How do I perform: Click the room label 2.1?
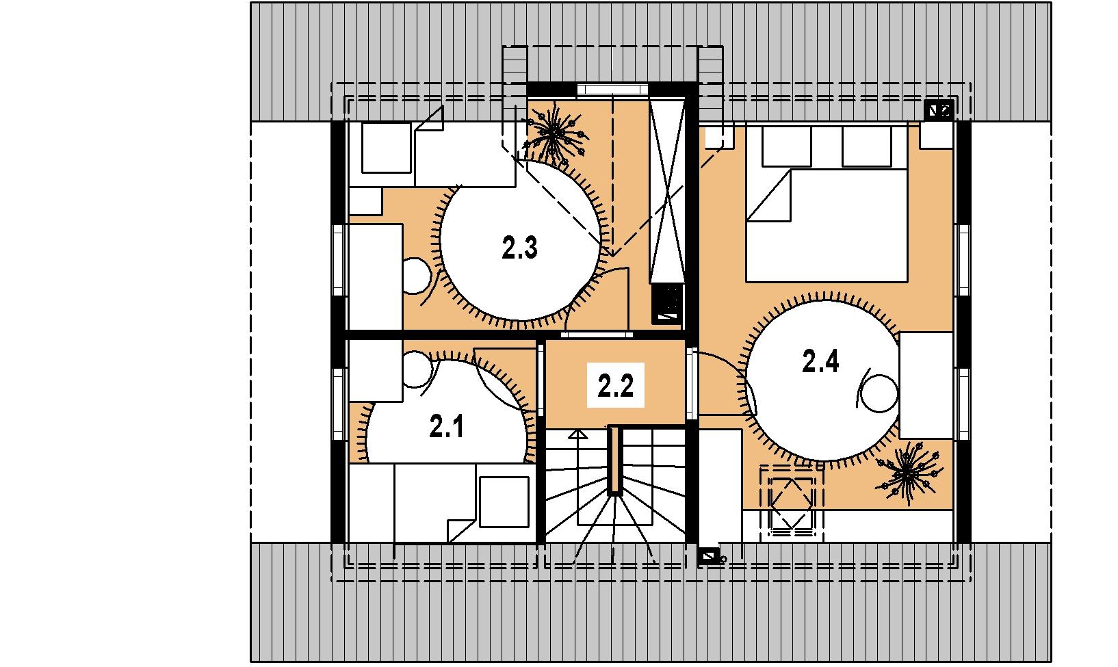pyautogui.click(x=447, y=427)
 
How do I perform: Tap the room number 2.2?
pyautogui.click(x=615, y=386)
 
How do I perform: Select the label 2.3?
pyautogui.click(x=519, y=248)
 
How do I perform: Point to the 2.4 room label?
pyautogui.click(x=820, y=361)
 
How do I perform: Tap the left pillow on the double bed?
pyautogui.click(x=787, y=146)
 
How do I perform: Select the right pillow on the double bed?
pyautogui.click(x=866, y=146)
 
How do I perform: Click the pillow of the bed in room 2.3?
pyautogui.click(x=387, y=148)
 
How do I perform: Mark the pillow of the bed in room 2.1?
pyautogui.click(x=504, y=502)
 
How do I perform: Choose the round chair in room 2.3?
pyautogui.click(x=416, y=276)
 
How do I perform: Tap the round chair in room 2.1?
pyautogui.click(x=417, y=369)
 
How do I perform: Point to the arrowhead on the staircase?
pyautogui.click(x=578, y=434)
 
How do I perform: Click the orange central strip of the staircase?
pyautogui.click(x=615, y=460)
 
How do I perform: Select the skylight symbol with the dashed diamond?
pyautogui.click(x=792, y=503)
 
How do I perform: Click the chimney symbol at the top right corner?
pyautogui.click(x=939, y=109)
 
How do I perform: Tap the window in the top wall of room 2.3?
pyautogui.click(x=613, y=90)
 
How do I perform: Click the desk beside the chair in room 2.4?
pyautogui.click(x=926, y=386)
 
